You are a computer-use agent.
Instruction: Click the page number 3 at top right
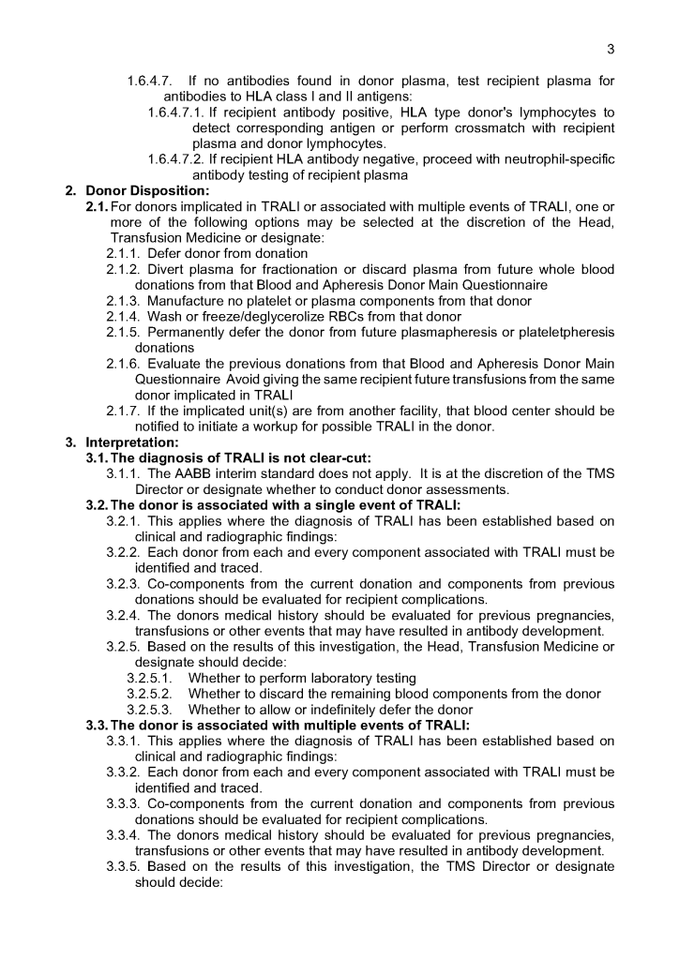611,49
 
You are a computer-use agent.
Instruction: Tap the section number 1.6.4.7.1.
177,112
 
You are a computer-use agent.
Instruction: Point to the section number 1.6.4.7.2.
177,158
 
